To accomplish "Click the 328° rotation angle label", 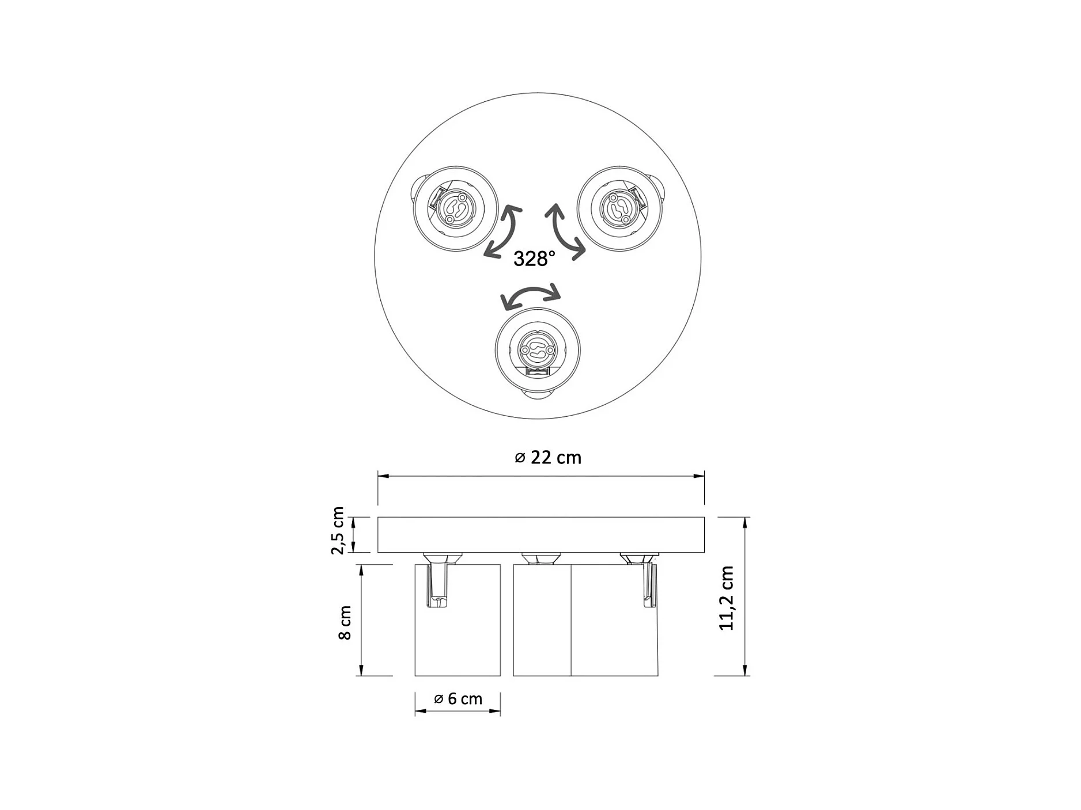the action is point(534,259).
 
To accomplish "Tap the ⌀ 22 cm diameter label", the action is point(548,457).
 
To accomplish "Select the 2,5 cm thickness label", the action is point(338,530).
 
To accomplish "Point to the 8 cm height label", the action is point(345,622).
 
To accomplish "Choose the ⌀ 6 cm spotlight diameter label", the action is point(458,698).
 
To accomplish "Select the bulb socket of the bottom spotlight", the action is point(537,350).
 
